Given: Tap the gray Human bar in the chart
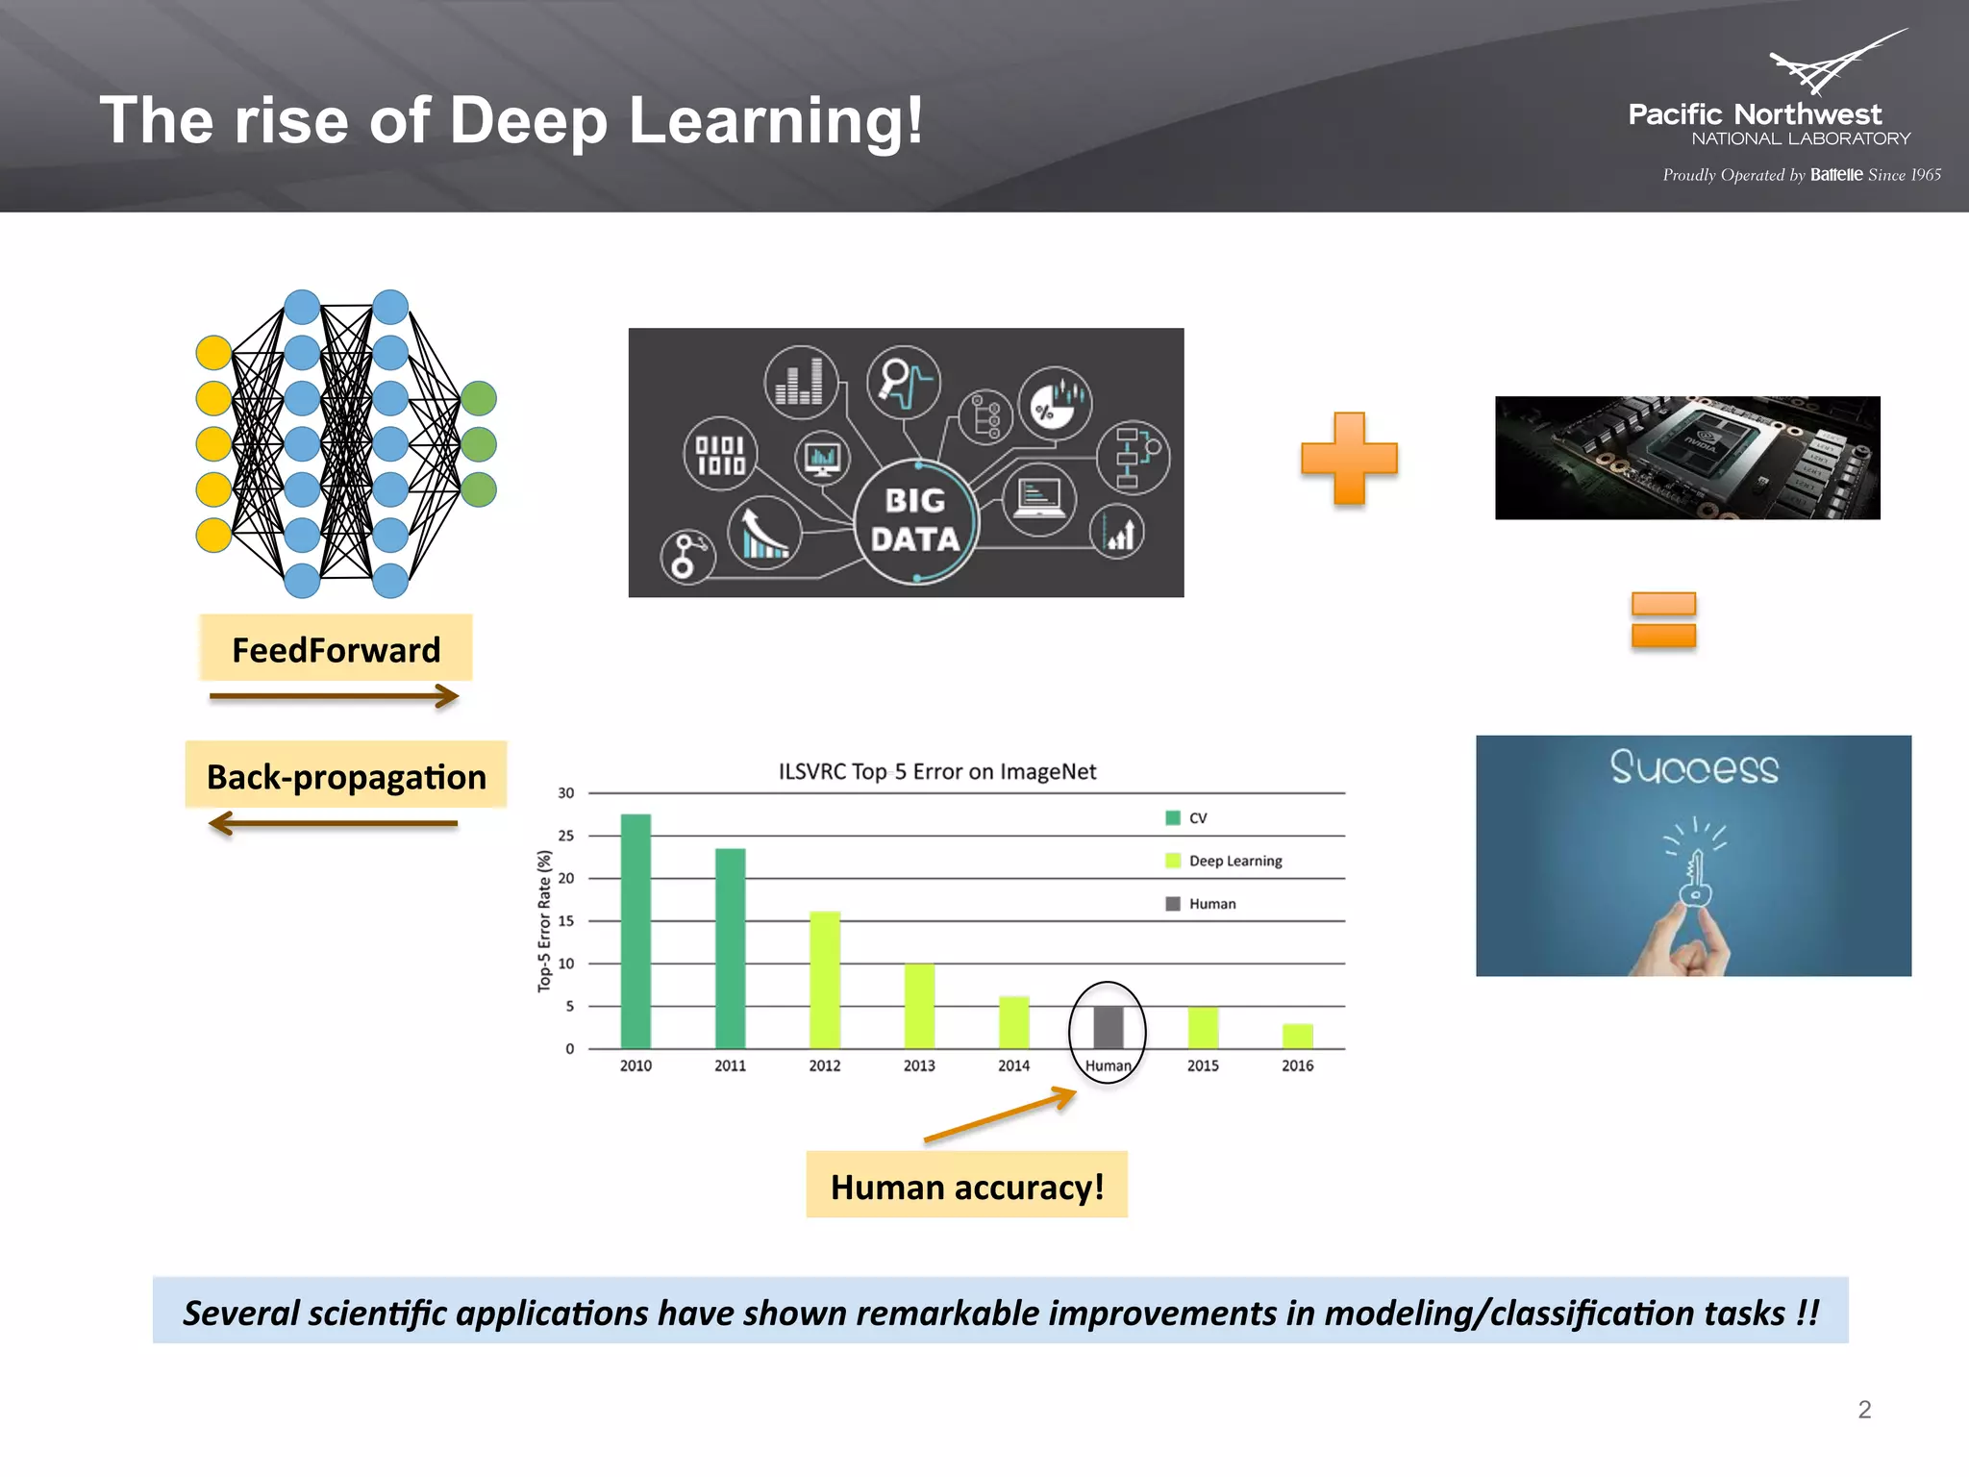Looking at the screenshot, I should [x=1108, y=1027].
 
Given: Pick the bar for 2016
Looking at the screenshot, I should [x=1297, y=1036].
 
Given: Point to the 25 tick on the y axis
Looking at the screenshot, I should [x=566, y=836].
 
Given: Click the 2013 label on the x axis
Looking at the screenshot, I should [x=919, y=1065].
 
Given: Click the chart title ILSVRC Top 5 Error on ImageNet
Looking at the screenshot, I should [x=936, y=771].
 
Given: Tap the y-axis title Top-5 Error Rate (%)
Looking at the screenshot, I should [x=544, y=920].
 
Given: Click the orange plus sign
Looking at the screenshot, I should [x=1349, y=459].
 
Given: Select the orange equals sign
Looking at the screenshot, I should [x=1663, y=620].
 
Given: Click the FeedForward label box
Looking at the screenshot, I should [x=336, y=649].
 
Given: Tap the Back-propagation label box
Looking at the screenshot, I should [x=346, y=776].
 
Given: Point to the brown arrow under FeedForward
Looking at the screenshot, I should [x=334, y=695].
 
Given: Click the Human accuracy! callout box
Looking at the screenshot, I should [x=966, y=1186].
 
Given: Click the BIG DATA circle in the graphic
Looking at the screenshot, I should [x=915, y=520].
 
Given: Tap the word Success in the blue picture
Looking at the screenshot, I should [x=1694, y=767].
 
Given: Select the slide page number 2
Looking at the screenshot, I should [x=1864, y=1410].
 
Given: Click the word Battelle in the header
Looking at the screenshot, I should [x=1836, y=175].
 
